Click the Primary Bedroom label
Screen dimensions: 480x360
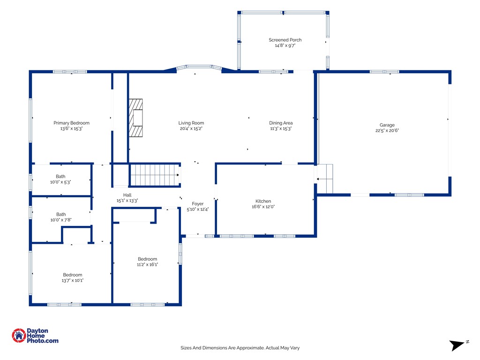coord(71,123)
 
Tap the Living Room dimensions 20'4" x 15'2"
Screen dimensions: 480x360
coord(191,128)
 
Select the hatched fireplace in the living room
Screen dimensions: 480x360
coord(135,118)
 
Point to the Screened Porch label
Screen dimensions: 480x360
coord(285,40)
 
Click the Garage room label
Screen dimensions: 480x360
coord(387,125)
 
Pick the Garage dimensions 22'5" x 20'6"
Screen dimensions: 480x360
coord(387,130)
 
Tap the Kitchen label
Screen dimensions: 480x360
coord(263,201)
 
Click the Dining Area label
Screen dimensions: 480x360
coord(281,123)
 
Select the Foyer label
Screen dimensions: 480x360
coord(197,203)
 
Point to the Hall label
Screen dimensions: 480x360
coord(127,195)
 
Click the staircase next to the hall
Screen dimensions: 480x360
coord(155,175)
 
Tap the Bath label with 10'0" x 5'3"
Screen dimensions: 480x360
coord(60,176)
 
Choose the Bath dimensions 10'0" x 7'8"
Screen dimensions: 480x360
coord(60,220)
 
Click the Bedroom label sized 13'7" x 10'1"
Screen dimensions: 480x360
coord(73,275)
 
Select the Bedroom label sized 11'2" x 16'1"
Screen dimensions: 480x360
coord(147,259)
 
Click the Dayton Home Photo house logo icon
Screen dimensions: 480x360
coord(19,336)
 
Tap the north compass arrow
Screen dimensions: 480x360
coord(457,345)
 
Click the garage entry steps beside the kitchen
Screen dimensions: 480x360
coord(325,179)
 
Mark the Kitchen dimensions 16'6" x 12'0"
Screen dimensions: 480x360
coord(263,207)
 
